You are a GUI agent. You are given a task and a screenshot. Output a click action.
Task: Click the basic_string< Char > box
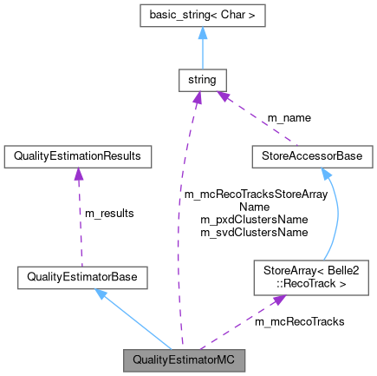click(x=200, y=17)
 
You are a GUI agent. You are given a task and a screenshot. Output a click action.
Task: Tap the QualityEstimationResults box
click(x=78, y=156)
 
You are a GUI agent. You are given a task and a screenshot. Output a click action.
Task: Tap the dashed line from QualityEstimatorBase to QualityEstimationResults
click(x=80, y=221)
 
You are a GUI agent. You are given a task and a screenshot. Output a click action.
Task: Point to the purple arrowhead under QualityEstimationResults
click(x=78, y=174)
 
